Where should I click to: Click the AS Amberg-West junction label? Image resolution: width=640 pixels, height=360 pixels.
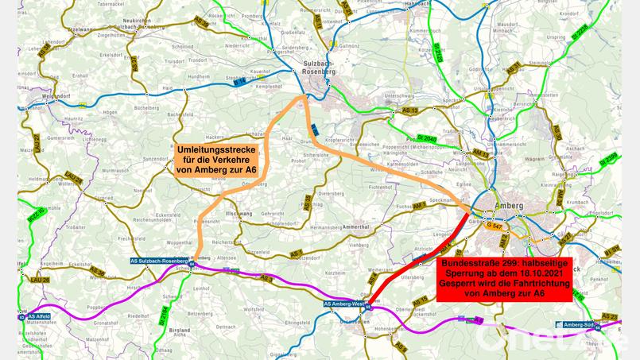click(x=345, y=303)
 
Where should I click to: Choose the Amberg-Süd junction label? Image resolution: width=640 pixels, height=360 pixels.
click(x=578, y=324)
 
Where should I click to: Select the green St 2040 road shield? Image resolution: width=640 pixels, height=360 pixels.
click(x=426, y=138)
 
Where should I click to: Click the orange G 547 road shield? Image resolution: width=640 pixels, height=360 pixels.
click(x=494, y=226)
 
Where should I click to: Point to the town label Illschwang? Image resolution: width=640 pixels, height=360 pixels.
click(x=241, y=215)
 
